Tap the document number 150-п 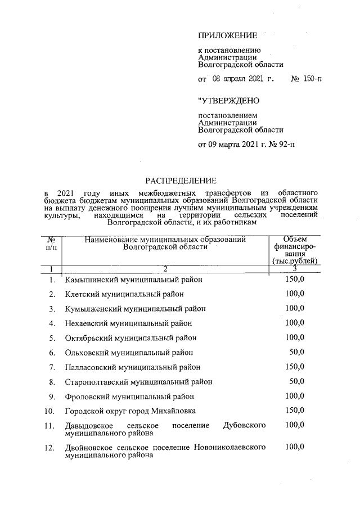312,79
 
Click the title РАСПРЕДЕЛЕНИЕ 181,181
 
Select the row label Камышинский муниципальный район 133,279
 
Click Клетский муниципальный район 124,294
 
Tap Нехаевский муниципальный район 128,323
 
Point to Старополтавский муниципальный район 139,381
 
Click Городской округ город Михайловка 130,411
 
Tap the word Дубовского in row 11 245,426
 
